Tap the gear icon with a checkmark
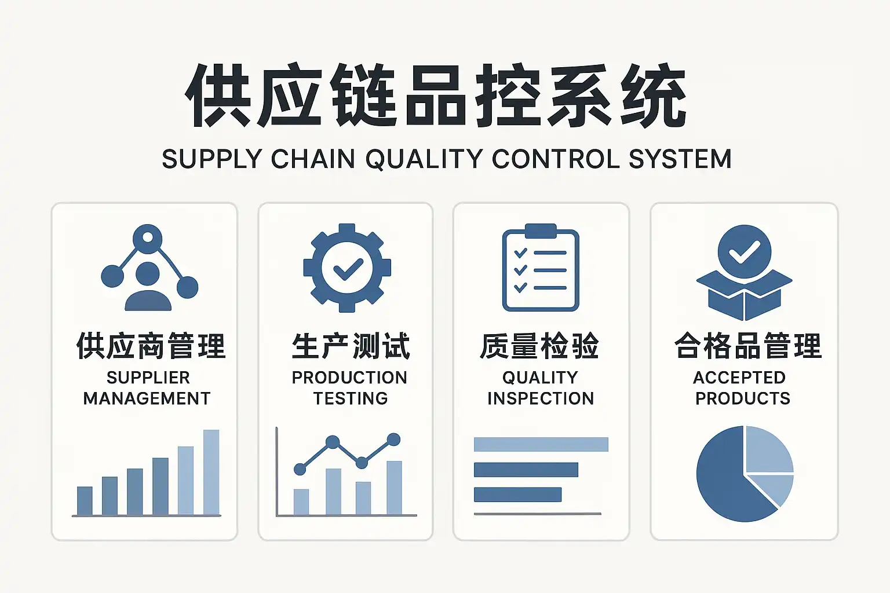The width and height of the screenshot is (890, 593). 347,268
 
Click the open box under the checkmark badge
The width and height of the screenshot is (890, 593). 744,294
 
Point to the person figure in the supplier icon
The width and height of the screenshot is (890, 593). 148,287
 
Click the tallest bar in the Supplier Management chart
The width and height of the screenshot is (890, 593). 211,472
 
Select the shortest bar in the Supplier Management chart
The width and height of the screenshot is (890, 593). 85,500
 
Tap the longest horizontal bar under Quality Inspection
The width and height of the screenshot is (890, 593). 541,444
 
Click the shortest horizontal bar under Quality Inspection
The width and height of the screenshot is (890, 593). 517,495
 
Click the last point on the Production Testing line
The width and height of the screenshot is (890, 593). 393,440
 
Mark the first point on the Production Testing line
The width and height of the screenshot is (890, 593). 300,469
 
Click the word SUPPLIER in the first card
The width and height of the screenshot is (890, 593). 148,378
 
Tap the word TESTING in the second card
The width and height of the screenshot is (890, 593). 351,398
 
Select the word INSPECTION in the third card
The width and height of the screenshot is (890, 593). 541,398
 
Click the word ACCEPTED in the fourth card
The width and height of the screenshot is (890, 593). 739,378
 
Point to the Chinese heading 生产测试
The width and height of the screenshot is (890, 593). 351,346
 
